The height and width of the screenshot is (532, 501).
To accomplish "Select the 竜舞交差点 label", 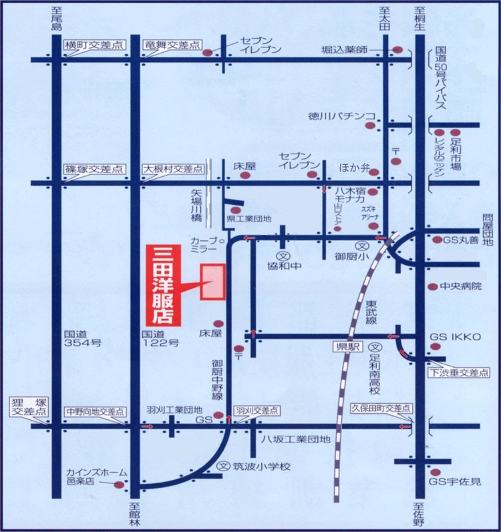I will [x=172, y=45].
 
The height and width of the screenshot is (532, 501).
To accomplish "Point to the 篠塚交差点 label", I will [x=94, y=170].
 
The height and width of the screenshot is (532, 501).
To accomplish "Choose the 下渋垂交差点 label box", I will [x=458, y=372].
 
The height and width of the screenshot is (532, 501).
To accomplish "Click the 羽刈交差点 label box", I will [x=256, y=410].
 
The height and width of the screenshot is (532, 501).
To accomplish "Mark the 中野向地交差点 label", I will [x=94, y=412].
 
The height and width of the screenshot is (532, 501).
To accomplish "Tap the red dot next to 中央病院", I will [x=432, y=286].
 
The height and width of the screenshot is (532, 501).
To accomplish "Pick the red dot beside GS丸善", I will [x=437, y=240].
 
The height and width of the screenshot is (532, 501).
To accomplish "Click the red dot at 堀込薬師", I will [x=397, y=50].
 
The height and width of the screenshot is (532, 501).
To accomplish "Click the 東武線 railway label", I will [x=371, y=312].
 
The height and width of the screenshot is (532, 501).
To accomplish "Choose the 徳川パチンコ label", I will [x=341, y=115].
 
